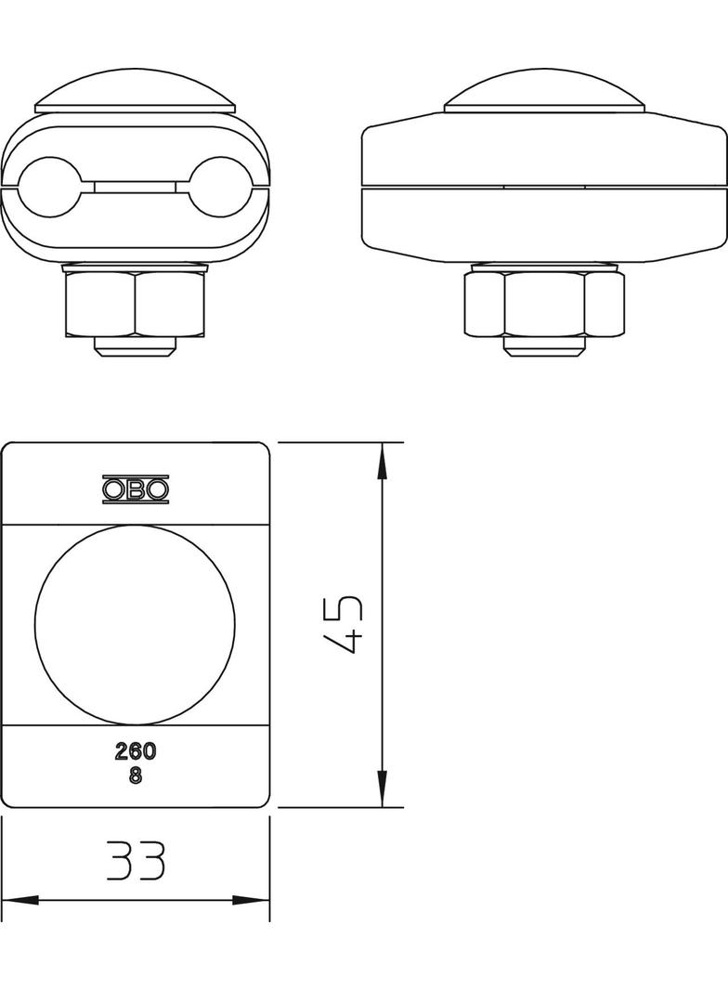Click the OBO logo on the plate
(x=136, y=488)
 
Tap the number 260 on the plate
(x=136, y=751)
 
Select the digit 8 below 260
(x=136, y=776)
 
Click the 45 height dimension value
(x=341, y=624)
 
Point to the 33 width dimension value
(x=136, y=861)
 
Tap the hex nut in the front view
(x=136, y=302)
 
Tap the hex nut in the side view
(x=543, y=302)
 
